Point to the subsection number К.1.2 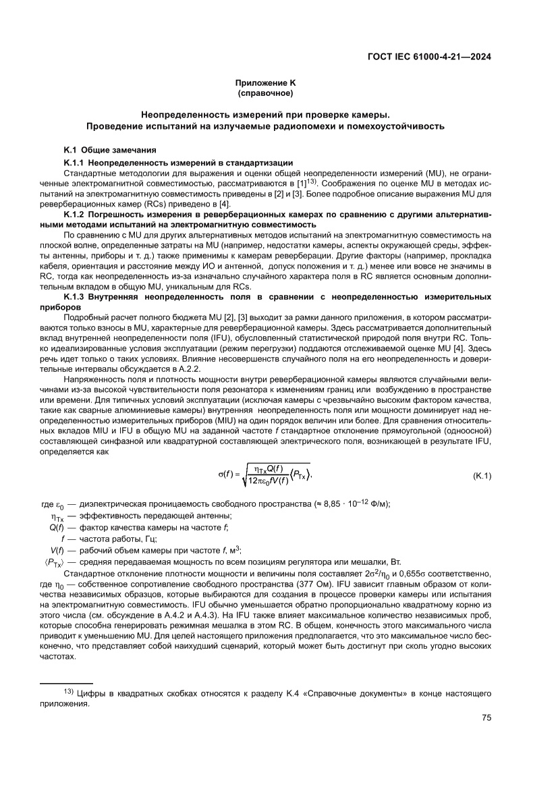(73, 215)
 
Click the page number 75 (486, 717)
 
